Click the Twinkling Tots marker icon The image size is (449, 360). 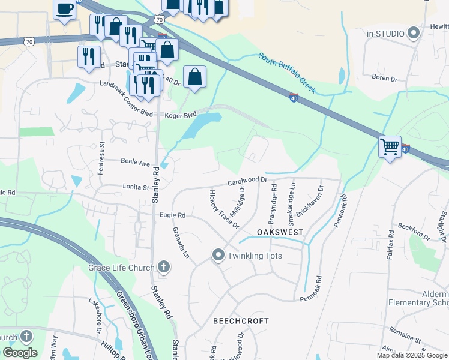tap(218, 256)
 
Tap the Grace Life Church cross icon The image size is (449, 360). tap(164, 268)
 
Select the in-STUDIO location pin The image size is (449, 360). tap(413, 33)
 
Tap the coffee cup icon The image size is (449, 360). tap(65, 8)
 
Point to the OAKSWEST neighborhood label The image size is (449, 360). tap(280, 232)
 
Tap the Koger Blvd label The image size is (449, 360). tap(181, 114)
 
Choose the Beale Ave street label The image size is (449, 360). tap(135, 163)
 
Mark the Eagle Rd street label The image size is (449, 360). tap(173, 215)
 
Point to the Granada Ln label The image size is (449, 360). tap(181, 242)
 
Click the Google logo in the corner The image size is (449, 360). tap(20, 353)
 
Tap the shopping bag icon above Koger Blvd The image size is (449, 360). tap(194, 77)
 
